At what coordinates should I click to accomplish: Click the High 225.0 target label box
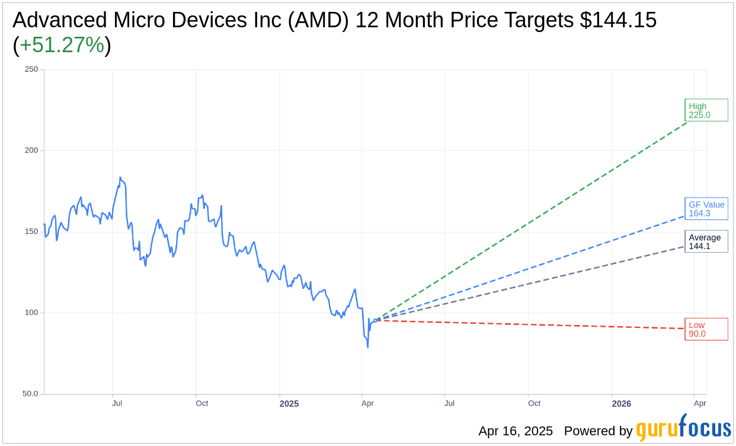coord(706,110)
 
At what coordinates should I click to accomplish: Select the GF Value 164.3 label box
coord(706,209)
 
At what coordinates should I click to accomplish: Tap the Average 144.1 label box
coord(706,241)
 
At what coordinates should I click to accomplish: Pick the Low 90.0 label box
coord(706,329)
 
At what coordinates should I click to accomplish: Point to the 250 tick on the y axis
coord(31,69)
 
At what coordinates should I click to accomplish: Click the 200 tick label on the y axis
coord(31,151)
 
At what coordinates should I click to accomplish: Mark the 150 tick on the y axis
coord(31,231)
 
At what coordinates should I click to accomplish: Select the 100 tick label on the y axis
coord(31,313)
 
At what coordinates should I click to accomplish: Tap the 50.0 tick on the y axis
coord(30,394)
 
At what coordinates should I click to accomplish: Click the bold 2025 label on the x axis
coord(289,404)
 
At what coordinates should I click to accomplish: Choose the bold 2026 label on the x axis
coord(621,404)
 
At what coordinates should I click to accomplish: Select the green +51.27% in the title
coord(62,45)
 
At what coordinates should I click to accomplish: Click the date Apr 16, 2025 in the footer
coord(516,431)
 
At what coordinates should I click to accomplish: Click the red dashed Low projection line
coord(533,324)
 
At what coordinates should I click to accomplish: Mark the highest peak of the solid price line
coord(120,177)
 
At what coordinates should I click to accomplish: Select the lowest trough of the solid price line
coord(368,347)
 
